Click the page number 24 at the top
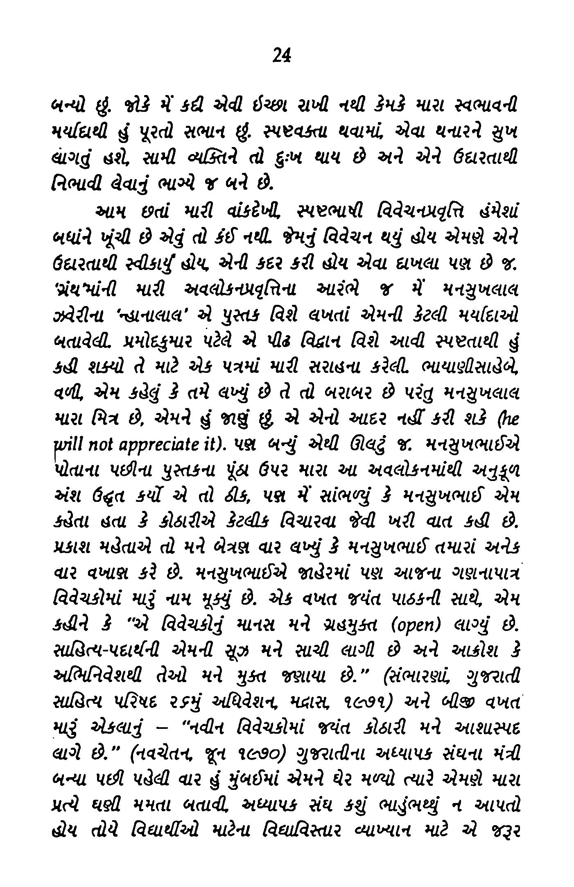tap(281, 54)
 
